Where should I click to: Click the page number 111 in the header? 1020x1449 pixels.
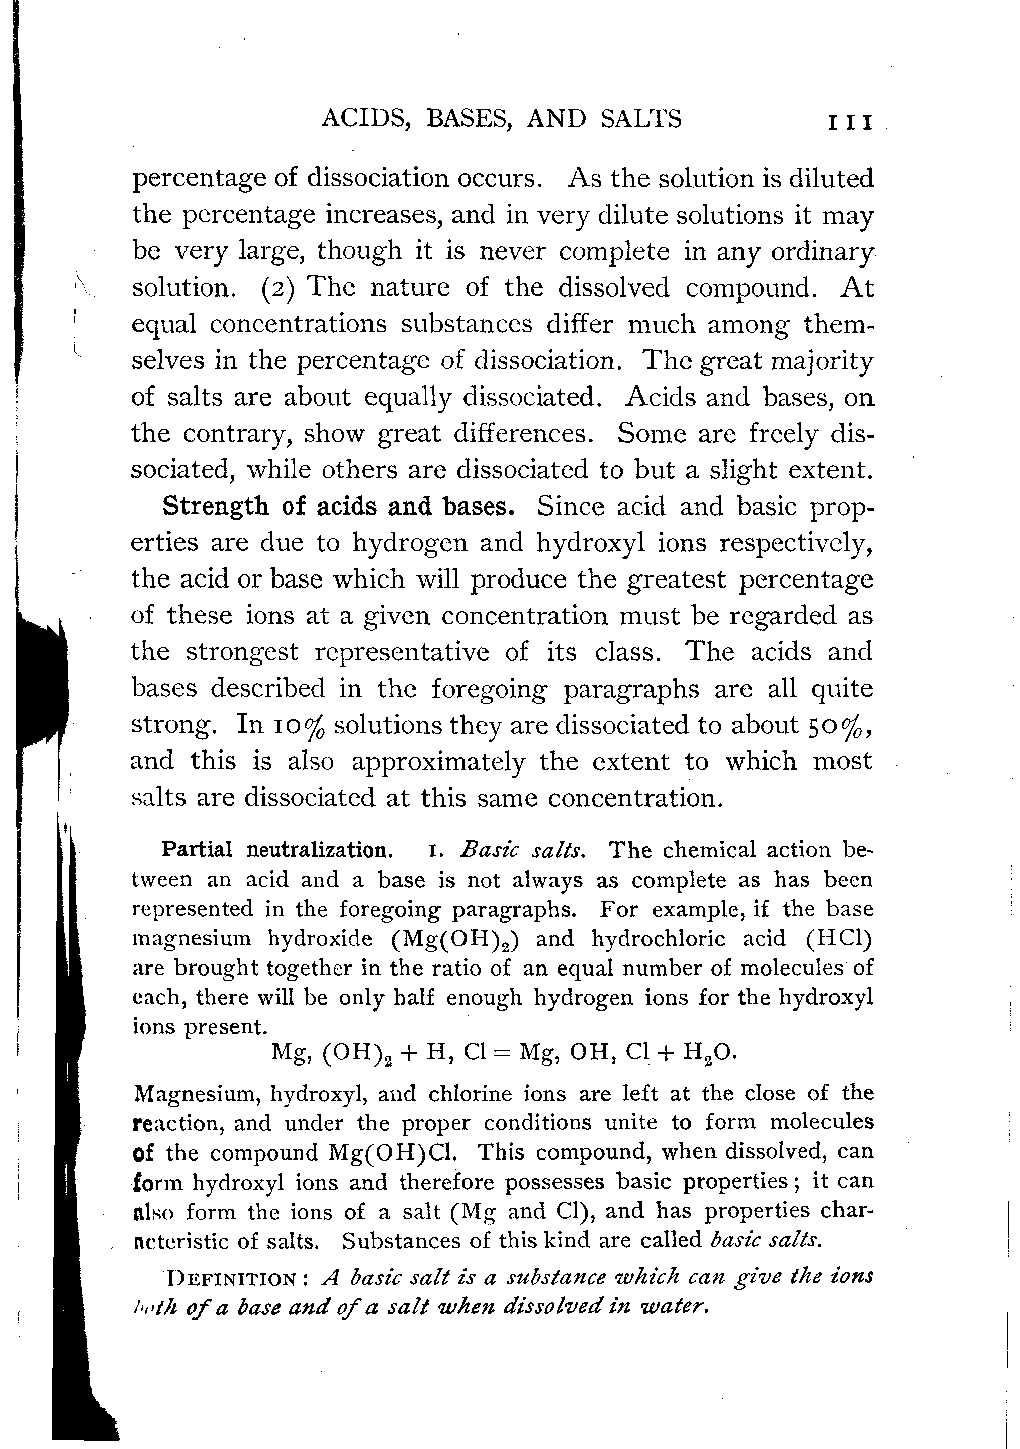tap(850, 121)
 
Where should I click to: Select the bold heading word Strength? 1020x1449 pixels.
tap(215, 507)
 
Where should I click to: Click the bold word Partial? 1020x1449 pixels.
tap(197, 849)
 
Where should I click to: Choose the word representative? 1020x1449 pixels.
tap(402, 652)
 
